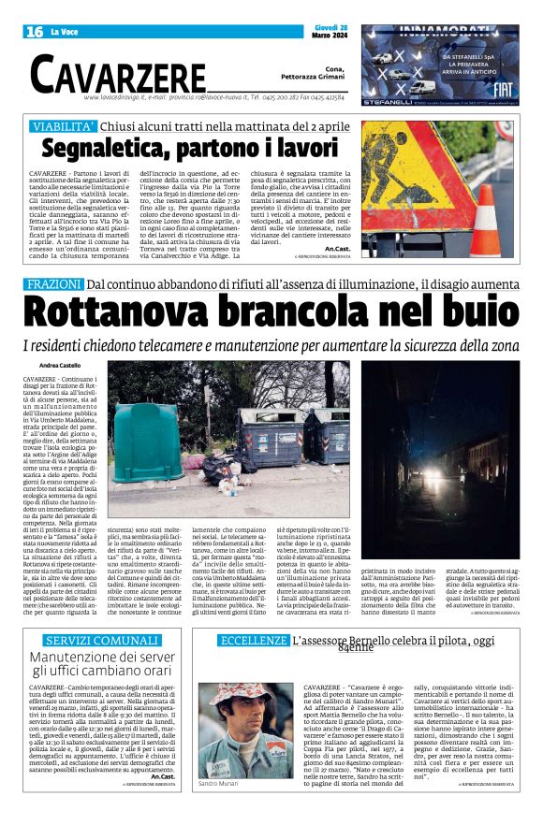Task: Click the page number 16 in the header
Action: click(x=36, y=32)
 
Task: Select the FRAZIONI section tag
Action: click(x=53, y=283)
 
